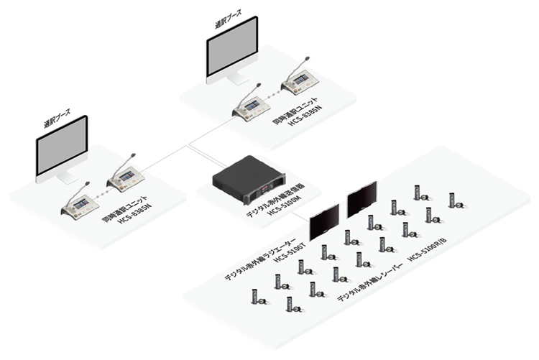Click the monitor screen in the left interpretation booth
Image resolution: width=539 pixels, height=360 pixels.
point(62,146)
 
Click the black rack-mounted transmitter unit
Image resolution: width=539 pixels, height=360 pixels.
point(248,180)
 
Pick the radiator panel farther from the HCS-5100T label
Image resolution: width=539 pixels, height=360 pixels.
point(361,198)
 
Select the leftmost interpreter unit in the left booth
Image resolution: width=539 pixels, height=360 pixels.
point(79,205)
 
